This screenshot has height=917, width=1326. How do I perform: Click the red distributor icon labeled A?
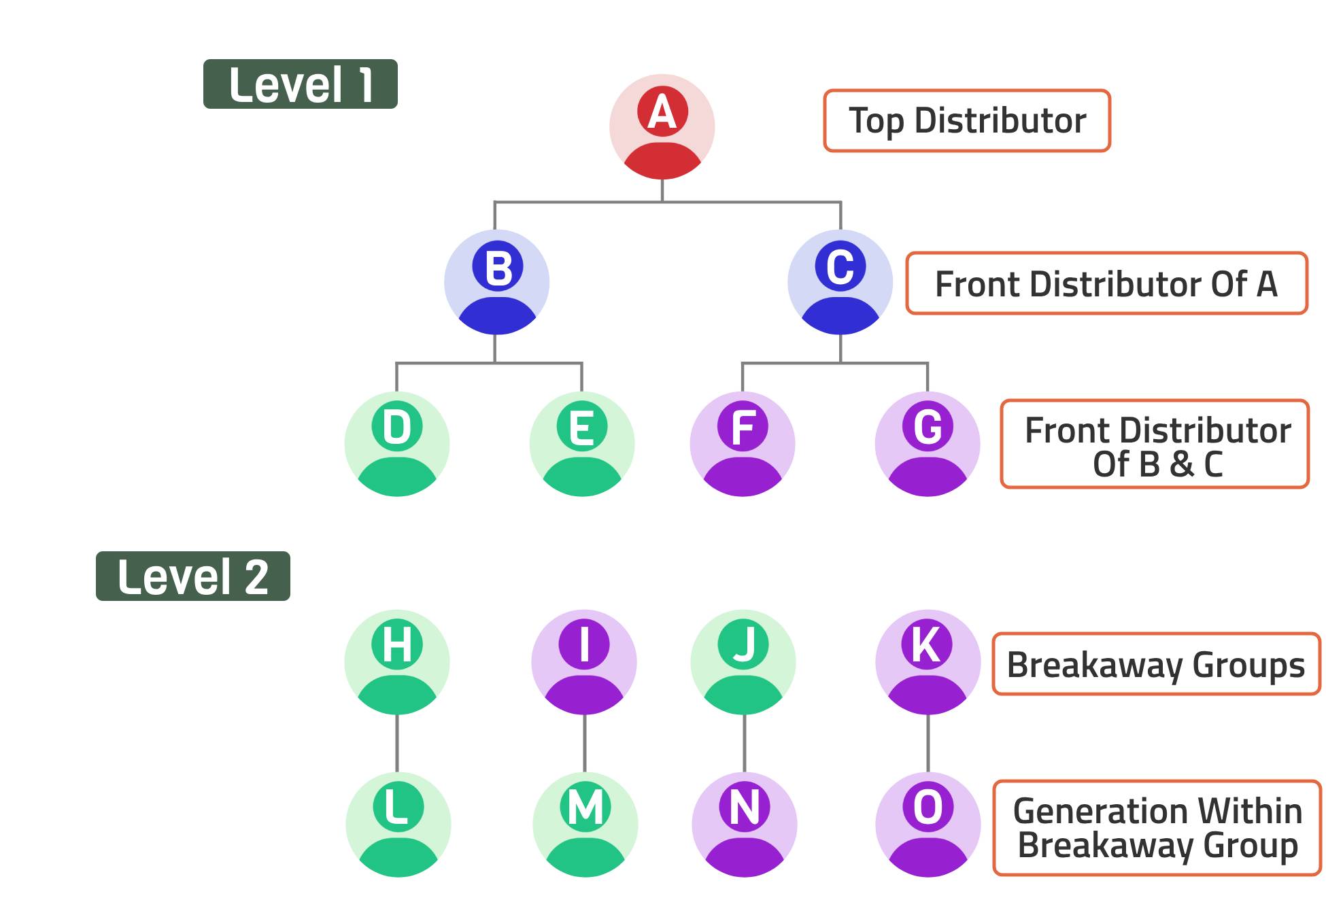[662, 127]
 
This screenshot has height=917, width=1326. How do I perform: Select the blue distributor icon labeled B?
[496, 282]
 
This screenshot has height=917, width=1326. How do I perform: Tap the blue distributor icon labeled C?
[840, 282]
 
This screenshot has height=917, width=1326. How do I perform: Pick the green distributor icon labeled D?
[397, 444]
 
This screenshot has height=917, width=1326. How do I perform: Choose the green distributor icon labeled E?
[582, 444]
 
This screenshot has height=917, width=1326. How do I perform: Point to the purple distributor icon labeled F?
[743, 444]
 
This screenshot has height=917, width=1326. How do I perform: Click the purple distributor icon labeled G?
[928, 444]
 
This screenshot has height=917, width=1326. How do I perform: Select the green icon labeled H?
[397, 661]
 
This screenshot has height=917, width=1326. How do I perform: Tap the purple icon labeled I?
[584, 661]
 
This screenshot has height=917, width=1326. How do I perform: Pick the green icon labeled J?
[743, 661]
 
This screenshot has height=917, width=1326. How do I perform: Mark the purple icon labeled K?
[928, 661]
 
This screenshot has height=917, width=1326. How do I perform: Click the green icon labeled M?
[585, 825]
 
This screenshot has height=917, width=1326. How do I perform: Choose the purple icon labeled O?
[928, 825]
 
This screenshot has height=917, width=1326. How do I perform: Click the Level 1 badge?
[300, 84]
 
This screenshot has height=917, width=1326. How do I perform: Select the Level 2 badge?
[193, 576]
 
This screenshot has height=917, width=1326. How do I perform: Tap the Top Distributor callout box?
[967, 121]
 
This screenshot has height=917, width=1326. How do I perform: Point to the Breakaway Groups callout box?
[1156, 664]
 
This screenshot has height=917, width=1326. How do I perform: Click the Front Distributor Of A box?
[1106, 283]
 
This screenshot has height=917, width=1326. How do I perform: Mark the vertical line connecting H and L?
[397, 743]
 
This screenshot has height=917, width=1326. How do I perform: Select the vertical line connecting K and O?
[928, 743]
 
